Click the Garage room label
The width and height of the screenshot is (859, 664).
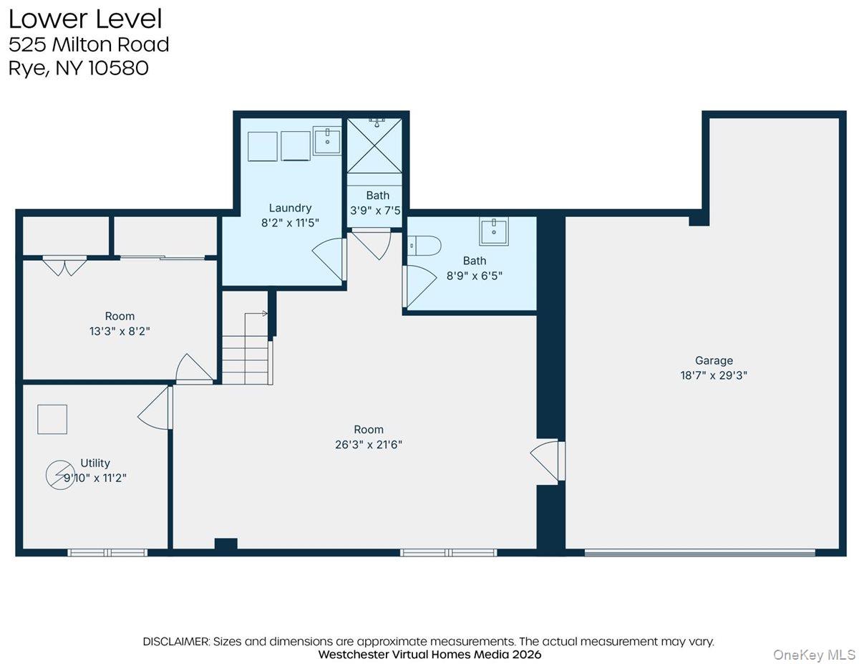click(x=714, y=361)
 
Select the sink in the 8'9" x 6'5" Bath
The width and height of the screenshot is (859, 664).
click(x=494, y=232)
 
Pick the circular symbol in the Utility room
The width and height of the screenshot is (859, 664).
click(x=59, y=476)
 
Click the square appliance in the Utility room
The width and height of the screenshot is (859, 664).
click(x=52, y=419)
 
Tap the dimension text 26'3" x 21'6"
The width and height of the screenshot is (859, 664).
click(x=369, y=444)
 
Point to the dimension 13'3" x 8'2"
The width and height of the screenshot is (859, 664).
click(x=120, y=331)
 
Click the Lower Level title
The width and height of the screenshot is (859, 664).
click(x=85, y=18)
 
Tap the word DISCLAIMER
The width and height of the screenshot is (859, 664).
click(x=176, y=641)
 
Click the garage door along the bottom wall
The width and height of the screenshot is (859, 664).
click(x=699, y=552)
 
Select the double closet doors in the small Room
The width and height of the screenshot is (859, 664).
click(x=64, y=265)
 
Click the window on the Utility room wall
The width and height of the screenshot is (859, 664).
click(x=107, y=552)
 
